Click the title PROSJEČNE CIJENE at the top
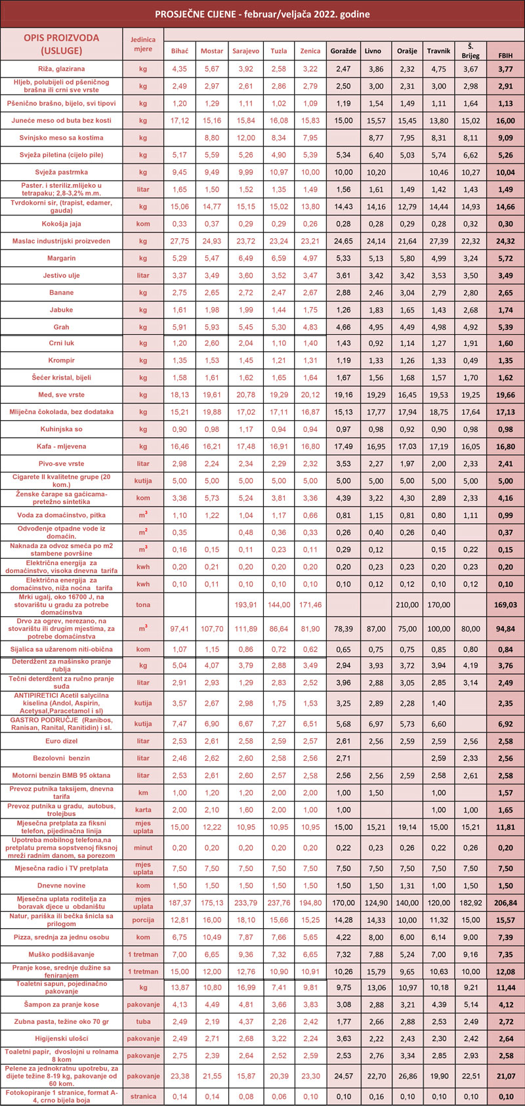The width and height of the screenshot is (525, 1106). tap(262, 14)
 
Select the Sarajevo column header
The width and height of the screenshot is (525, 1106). tap(246, 51)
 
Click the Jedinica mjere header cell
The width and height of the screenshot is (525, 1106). tap(143, 44)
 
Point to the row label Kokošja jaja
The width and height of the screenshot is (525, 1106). tap(61, 224)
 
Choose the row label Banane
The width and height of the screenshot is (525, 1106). tap(61, 293)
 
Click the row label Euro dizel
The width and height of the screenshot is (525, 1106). tap(61, 741)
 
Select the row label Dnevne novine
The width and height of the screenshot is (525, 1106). tap(61, 885)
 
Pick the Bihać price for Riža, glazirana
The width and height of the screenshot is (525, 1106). tap(179, 69)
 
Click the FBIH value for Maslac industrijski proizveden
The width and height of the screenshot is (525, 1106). tap(505, 242)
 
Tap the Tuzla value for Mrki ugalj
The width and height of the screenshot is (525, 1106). tap(278, 605)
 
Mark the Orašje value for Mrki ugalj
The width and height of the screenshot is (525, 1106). tap(407, 605)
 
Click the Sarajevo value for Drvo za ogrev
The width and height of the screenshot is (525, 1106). tap(246, 629)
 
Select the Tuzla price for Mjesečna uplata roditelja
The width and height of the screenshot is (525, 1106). tap(278, 903)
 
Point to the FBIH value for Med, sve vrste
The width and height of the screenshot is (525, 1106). tap(505, 395)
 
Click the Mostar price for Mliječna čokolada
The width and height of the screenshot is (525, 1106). tap(212, 412)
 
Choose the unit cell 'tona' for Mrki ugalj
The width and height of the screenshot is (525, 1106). tap(143, 605)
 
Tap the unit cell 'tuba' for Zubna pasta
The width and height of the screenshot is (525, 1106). tap(143, 1021)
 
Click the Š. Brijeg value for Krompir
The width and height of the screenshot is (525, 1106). tap(471, 361)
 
